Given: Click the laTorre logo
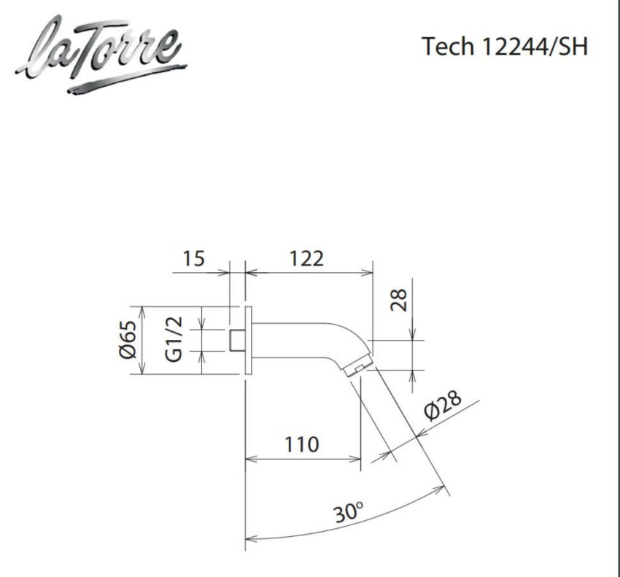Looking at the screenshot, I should pyautogui.click(x=99, y=53).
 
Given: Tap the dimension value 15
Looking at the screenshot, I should pyautogui.click(x=193, y=258).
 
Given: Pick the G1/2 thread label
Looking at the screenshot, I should pyautogui.click(x=174, y=340).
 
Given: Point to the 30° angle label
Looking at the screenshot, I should pyautogui.click(x=349, y=513).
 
